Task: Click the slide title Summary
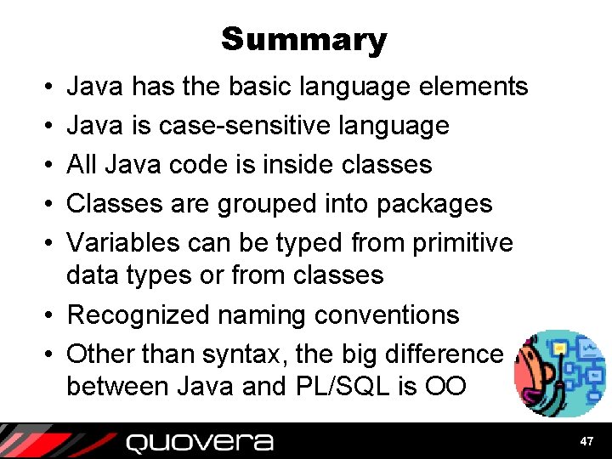(304, 40)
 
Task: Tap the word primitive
(462, 243)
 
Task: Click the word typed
(306, 243)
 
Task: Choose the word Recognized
(139, 315)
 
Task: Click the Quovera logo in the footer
(200, 442)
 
